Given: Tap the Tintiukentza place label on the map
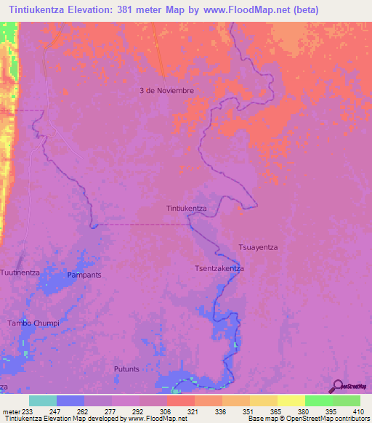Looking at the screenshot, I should [187, 208].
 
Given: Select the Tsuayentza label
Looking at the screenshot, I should [259, 247].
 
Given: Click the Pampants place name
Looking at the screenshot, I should [84, 275].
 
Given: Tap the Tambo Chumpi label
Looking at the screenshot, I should [33, 323].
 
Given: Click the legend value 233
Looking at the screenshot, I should [28, 411].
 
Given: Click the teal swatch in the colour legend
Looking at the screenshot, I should [43, 400].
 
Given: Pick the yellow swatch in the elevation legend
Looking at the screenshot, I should [291, 400].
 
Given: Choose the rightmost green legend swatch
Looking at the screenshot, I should [347, 400].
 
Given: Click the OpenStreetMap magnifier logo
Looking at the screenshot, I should [336, 387].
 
